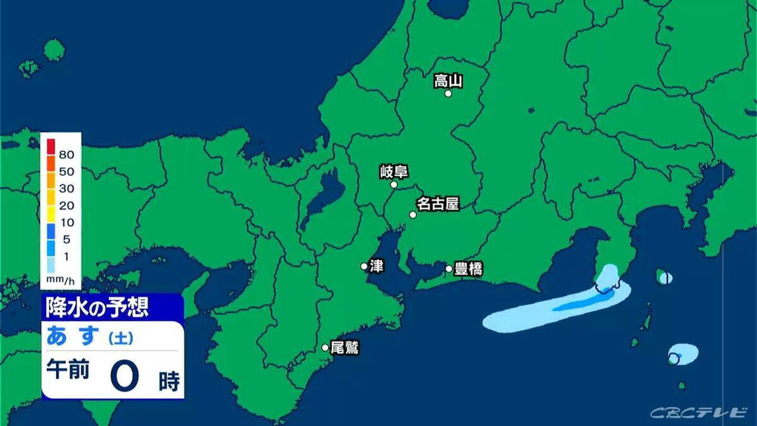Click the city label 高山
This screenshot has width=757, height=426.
pos(449,81)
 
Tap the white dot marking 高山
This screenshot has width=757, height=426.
pos(449,93)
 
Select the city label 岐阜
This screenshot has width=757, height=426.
pos(394,172)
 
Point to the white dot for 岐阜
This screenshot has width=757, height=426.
pos(394,185)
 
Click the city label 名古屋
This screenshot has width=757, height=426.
pos(437,204)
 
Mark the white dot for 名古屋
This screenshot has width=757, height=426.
pos(413,215)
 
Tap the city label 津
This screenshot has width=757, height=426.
pos(377,266)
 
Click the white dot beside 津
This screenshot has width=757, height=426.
pos(365,266)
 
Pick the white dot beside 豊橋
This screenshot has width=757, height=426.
pos(449,269)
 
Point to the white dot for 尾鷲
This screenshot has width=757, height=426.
pos(326,347)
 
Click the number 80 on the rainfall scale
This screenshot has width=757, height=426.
pos(66,155)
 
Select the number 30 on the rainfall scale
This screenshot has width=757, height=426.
pos(66,188)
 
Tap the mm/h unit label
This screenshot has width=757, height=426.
pos(60,278)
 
